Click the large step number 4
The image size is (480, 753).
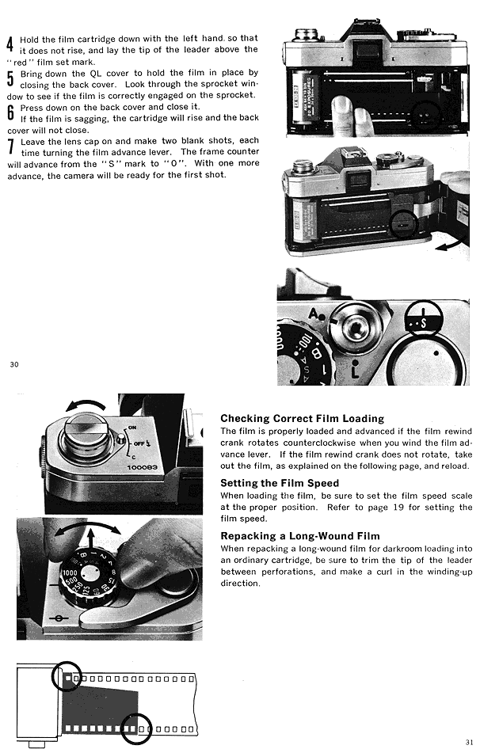10,44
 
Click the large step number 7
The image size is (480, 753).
10,145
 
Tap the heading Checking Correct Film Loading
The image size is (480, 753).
302,418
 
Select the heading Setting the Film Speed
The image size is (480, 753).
280,483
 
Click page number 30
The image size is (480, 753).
13,364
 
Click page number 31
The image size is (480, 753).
468,742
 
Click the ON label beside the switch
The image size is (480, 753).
131,428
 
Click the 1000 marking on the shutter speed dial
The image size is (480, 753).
69,570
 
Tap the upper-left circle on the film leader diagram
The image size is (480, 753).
67,675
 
